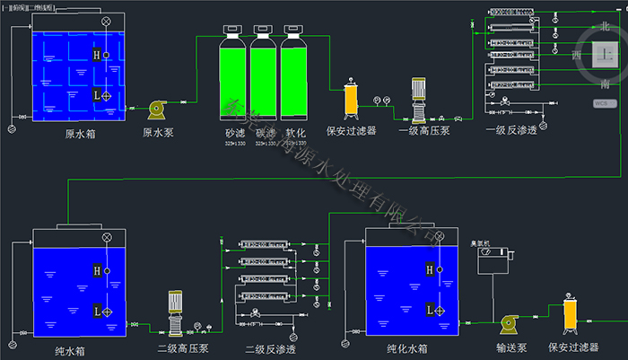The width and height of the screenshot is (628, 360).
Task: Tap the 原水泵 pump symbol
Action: [x=157, y=108]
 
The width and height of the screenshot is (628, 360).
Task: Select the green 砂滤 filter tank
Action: [x=235, y=82]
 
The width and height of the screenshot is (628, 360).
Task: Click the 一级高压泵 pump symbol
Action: [x=417, y=101]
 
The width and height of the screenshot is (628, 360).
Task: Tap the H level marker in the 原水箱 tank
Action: [x=96, y=55]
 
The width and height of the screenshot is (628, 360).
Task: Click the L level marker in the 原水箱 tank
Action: [x=96, y=94]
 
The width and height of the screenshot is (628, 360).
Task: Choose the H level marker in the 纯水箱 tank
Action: [x=96, y=270]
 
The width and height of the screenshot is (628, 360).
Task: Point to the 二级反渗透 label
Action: [x=270, y=347]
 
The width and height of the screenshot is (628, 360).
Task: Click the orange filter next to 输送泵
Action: [x=569, y=315]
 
